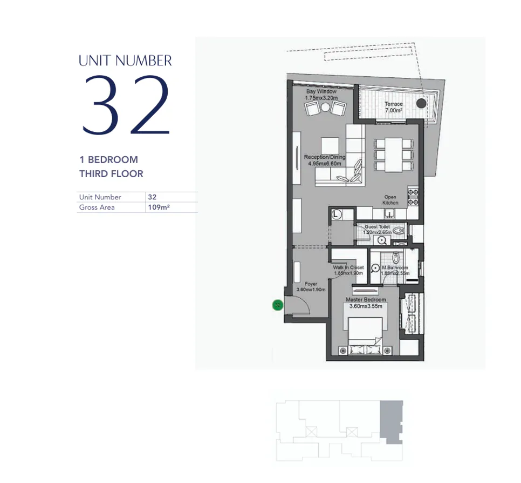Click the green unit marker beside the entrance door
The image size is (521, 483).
pos(277,305)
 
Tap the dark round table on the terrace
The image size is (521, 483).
pos(421,103)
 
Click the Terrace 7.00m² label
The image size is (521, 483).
pos(393,107)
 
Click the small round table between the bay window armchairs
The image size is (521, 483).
pos(325,108)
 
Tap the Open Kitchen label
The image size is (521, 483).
pos(391,200)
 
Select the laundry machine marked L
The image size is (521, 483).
pos(336,214)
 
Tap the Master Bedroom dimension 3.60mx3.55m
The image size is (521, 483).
pos(366,306)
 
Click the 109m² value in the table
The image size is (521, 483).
pos(159,207)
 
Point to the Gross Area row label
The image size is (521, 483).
pos(97,207)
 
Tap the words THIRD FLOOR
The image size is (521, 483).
pos(111,173)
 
